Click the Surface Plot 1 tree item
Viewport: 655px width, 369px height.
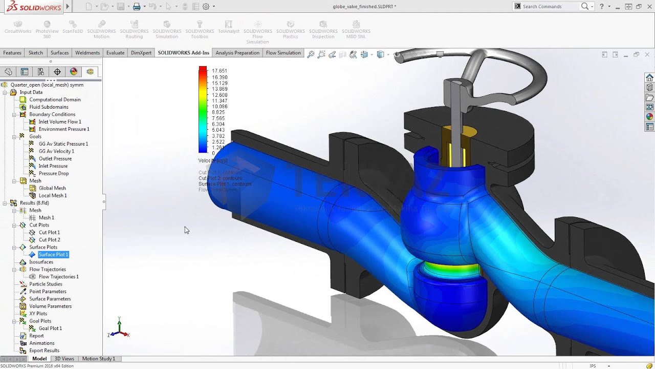pos(53,255)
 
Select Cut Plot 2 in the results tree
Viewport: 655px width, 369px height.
pos(49,240)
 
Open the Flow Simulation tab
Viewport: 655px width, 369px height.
pos(283,53)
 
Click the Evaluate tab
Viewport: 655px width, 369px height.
pos(115,53)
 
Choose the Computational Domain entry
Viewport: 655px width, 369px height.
pos(55,99)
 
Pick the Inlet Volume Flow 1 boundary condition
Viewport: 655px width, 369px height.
pos(59,122)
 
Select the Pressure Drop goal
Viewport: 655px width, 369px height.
pos(53,173)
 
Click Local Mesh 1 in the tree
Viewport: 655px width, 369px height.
pos(52,195)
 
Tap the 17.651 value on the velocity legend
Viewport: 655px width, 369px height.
pos(220,71)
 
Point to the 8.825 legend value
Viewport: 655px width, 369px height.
pos(218,112)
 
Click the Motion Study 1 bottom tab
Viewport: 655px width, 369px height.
pos(98,359)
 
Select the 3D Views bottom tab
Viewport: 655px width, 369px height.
pos(64,359)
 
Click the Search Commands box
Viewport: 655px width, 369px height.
pos(551,7)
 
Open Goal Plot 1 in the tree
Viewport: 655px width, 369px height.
pos(50,329)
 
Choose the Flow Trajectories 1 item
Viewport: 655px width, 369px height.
pos(58,277)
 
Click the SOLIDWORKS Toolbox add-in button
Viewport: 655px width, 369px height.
pos(200,30)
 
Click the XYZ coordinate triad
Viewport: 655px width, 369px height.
pos(119,329)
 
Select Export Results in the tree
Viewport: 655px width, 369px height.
pos(44,351)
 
